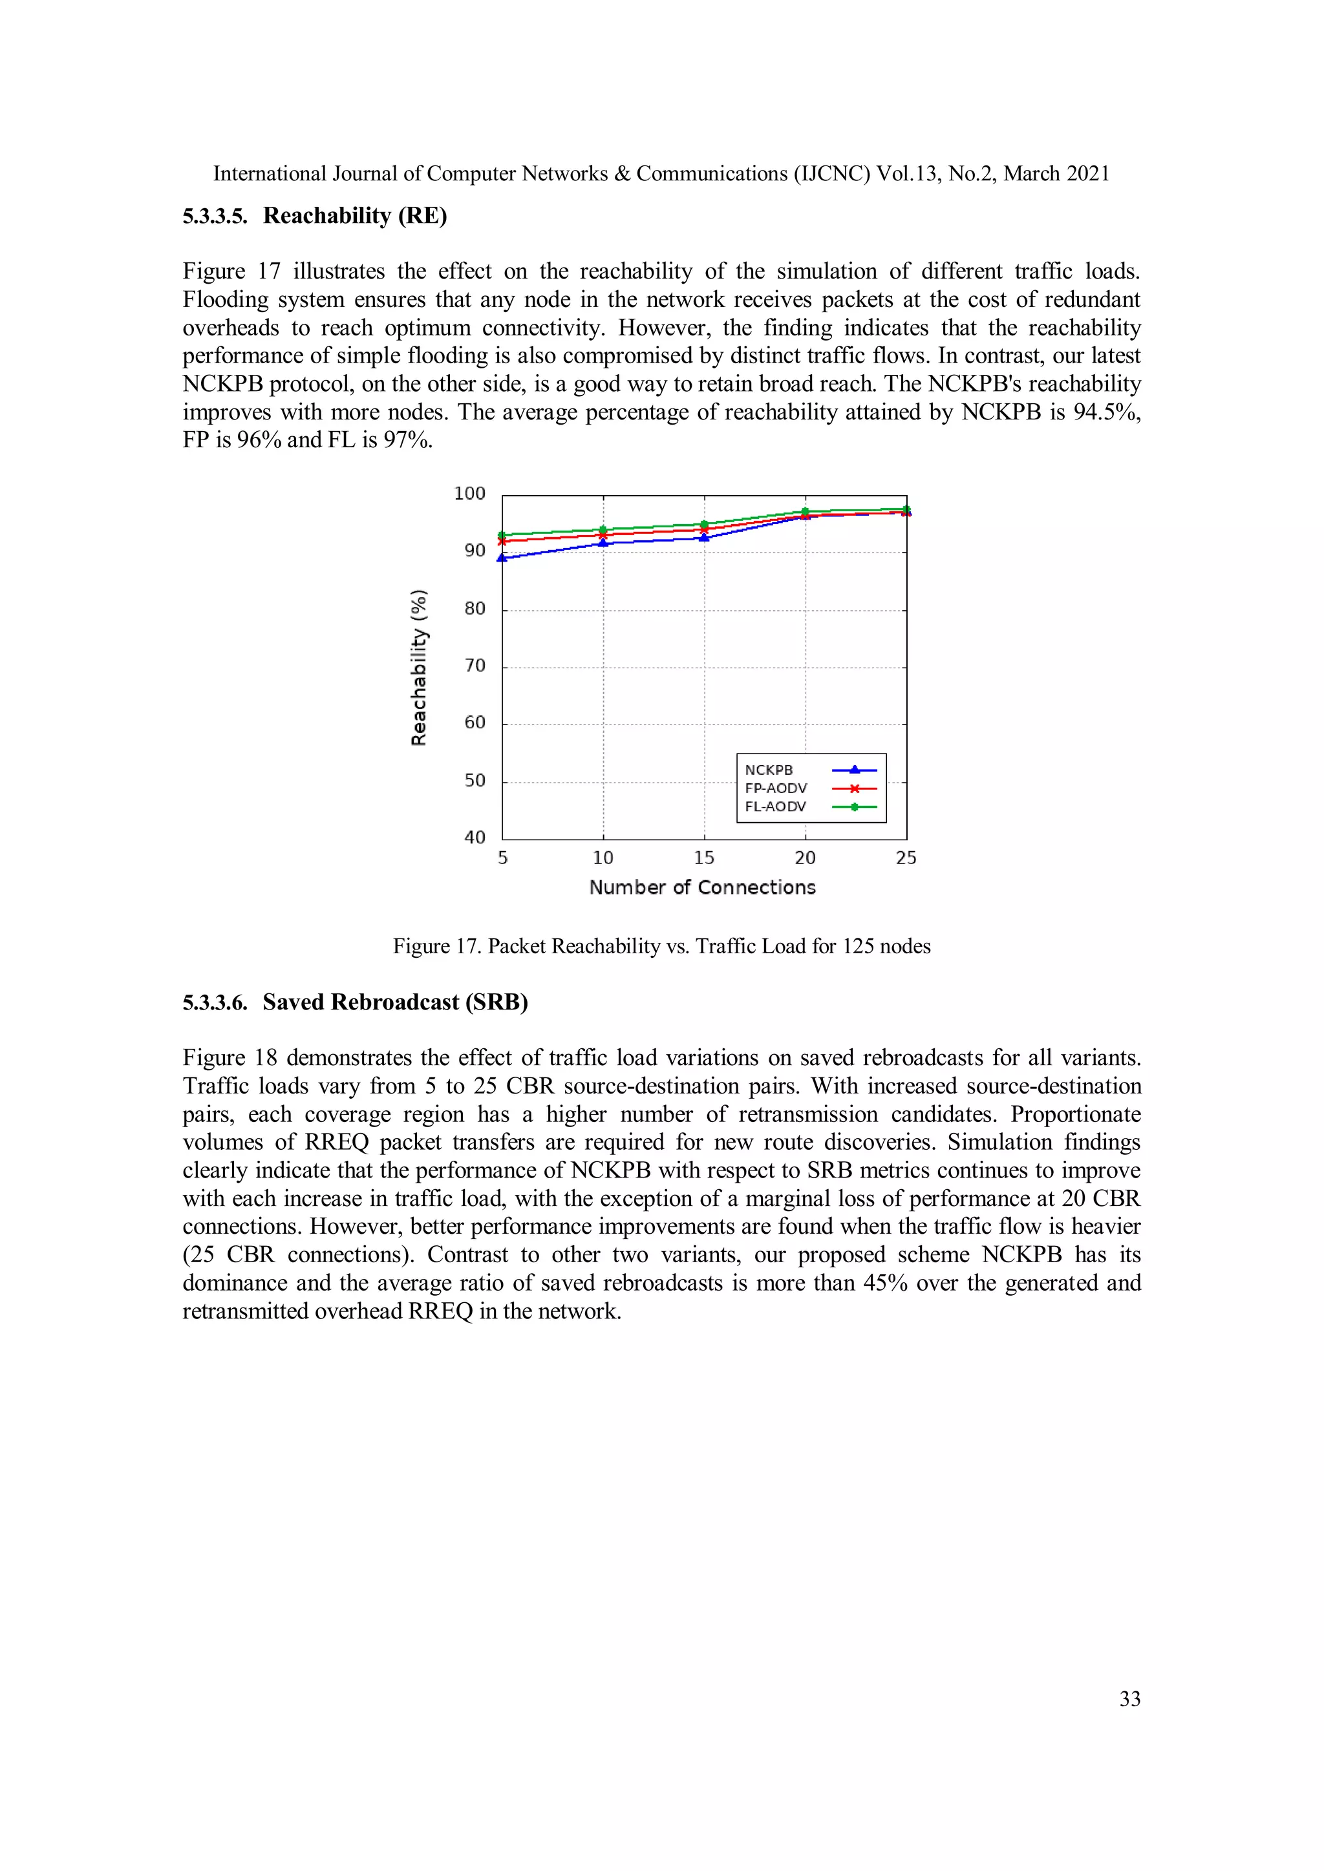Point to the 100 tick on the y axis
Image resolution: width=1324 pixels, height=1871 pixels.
click(x=469, y=494)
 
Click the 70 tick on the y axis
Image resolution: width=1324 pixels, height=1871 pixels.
click(x=475, y=666)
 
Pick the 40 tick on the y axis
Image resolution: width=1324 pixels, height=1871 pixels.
click(x=475, y=838)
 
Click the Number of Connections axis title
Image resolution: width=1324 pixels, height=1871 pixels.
click(x=702, y=887)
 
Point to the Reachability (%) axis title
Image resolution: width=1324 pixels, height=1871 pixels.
click(x=418, y=666)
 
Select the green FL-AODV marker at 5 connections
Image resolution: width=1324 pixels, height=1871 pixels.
click(x=502, y=535)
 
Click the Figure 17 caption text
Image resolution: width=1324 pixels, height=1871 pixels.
click(x=661, y=946)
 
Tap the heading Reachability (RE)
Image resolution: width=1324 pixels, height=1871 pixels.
click(x=355, y=216)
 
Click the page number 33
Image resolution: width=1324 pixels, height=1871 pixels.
click(x=1129, y=1699)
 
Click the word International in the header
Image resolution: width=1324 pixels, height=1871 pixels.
click(x=269, y=174)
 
